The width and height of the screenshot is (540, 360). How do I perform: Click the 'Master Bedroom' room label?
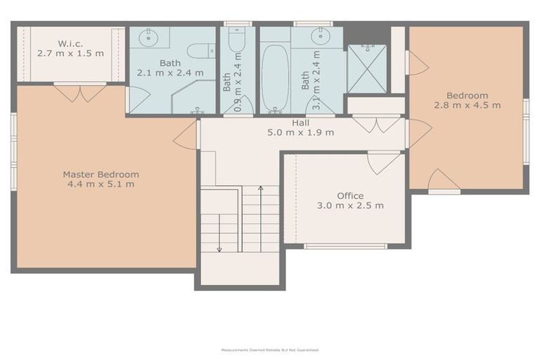[101, 174]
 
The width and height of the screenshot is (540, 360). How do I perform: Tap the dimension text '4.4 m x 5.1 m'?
[101, 184]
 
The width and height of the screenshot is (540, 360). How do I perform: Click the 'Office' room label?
[349, 195]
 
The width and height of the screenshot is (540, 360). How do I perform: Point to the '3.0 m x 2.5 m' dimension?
[349, 205]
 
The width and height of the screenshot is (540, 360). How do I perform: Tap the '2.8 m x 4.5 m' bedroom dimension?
[467, 105]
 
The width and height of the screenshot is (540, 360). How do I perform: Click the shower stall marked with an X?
[366, 69]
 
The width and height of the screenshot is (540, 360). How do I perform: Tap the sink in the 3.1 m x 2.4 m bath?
[321, 37]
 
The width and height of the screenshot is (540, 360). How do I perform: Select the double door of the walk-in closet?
[79, 92]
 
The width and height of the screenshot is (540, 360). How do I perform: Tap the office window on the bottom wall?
[345, 246]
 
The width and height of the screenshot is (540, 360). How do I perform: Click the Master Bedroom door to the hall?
[187, 135]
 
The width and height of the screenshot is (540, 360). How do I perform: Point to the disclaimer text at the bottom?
[270, 349]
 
